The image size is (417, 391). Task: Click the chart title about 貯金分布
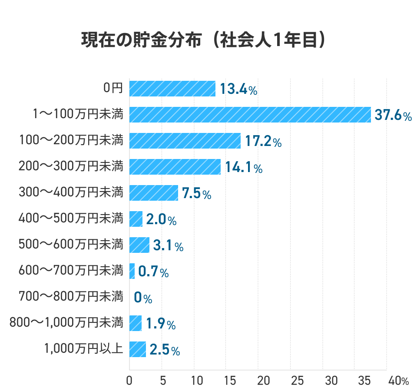point(203,40)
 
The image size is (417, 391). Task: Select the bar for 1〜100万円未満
point(250,115)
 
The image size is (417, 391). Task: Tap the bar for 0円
point(172,89)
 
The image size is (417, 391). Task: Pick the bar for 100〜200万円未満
point(185,141)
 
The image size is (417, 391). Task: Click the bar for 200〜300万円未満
point(175,167)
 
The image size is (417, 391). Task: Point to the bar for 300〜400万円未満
point(154,193)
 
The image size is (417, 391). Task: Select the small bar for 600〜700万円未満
point(132,271)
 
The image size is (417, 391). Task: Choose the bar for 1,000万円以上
point(138,349)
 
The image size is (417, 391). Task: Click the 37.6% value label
point(394,115)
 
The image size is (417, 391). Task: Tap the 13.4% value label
point(238,89)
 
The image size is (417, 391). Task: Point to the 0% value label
point(143,297)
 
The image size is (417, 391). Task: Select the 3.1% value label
point(168,245)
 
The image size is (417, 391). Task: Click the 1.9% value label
point(161,323)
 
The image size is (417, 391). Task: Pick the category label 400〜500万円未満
point(71,218)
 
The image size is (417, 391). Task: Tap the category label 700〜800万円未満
point(71,296)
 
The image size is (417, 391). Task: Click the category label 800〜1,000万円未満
point(66,322)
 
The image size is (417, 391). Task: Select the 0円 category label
point(113,88)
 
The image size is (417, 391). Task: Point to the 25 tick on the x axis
point(297,381)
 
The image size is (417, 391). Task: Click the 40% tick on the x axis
point(398,381)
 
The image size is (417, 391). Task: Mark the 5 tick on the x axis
point(163,381)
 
